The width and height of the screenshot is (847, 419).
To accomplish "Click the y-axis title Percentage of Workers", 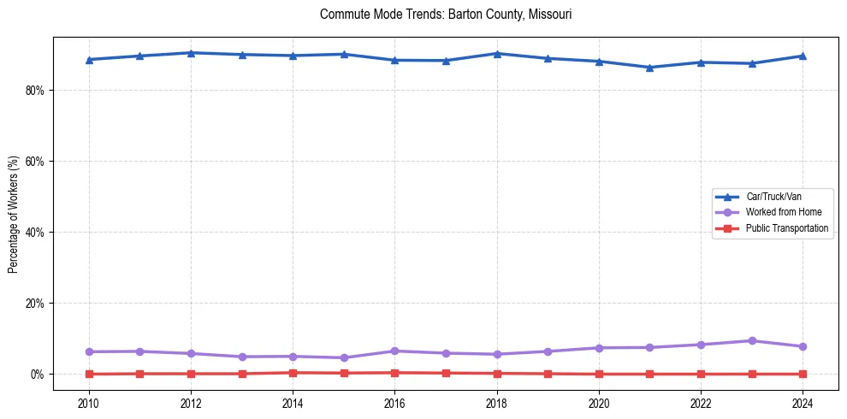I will (x=13, y=214).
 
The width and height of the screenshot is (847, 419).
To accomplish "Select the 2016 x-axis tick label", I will (x=394, y=402).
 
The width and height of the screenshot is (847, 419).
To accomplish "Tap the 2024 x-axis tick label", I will (x=803, y=402).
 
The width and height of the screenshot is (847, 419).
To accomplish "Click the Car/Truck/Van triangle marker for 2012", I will (x=191, y=53).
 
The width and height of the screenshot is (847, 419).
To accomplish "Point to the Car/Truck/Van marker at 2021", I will (x=650, y=68).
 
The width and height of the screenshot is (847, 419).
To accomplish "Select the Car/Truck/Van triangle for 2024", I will (x=803, y=56).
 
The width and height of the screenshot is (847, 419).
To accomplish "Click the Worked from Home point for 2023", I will (x=752, y=340).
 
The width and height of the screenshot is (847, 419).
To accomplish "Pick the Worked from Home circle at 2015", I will (x=344, y=357).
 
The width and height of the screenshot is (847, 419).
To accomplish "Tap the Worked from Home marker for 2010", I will (x=89, y=351).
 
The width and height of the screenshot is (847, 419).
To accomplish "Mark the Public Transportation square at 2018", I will (x=497, y=373).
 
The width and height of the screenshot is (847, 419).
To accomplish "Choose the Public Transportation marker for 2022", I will (x=702, y=374).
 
